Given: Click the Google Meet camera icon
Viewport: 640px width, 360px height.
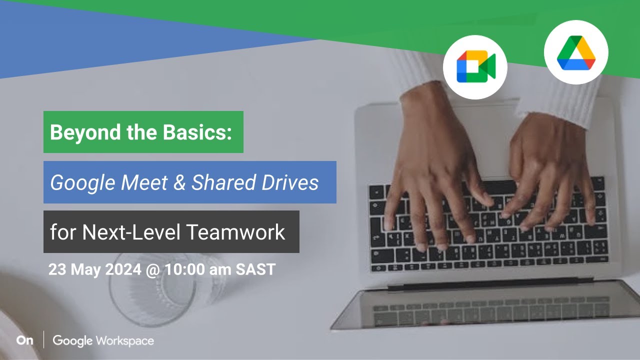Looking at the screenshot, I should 475,67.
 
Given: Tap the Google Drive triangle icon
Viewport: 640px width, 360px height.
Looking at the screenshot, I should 576,52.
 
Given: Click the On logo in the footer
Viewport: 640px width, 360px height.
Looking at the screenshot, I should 24,340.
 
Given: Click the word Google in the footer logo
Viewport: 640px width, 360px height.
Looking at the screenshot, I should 72,341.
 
